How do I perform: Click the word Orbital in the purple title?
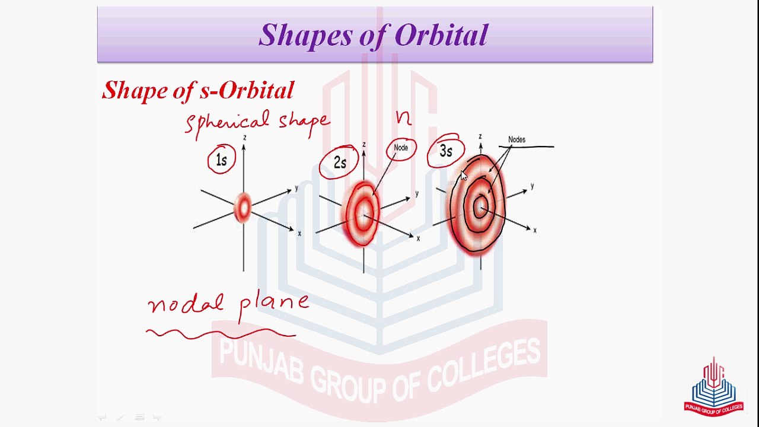(x=441, y=35)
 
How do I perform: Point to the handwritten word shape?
(x=304, y=123)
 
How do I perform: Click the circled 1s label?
(x=221, y=160)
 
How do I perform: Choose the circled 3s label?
(x=445, y=151)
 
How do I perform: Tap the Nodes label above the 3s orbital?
(x=516, y=139)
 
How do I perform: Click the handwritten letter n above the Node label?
(x=404, y=118)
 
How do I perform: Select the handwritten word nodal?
(x=186, y=303)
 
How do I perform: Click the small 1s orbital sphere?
(x=243, y=208)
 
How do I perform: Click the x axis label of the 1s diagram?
(x=299, y=234)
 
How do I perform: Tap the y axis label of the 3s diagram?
(x=532, y=186)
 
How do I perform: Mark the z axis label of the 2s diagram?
(x=364, y=144)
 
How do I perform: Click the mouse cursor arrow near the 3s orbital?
(x=464, y=176)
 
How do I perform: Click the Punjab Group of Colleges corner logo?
(x=713, y=387)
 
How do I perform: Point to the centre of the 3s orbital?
(x=480, y=207)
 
